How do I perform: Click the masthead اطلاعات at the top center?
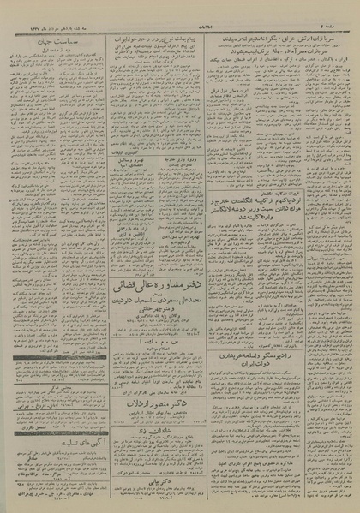pos(180,6)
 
